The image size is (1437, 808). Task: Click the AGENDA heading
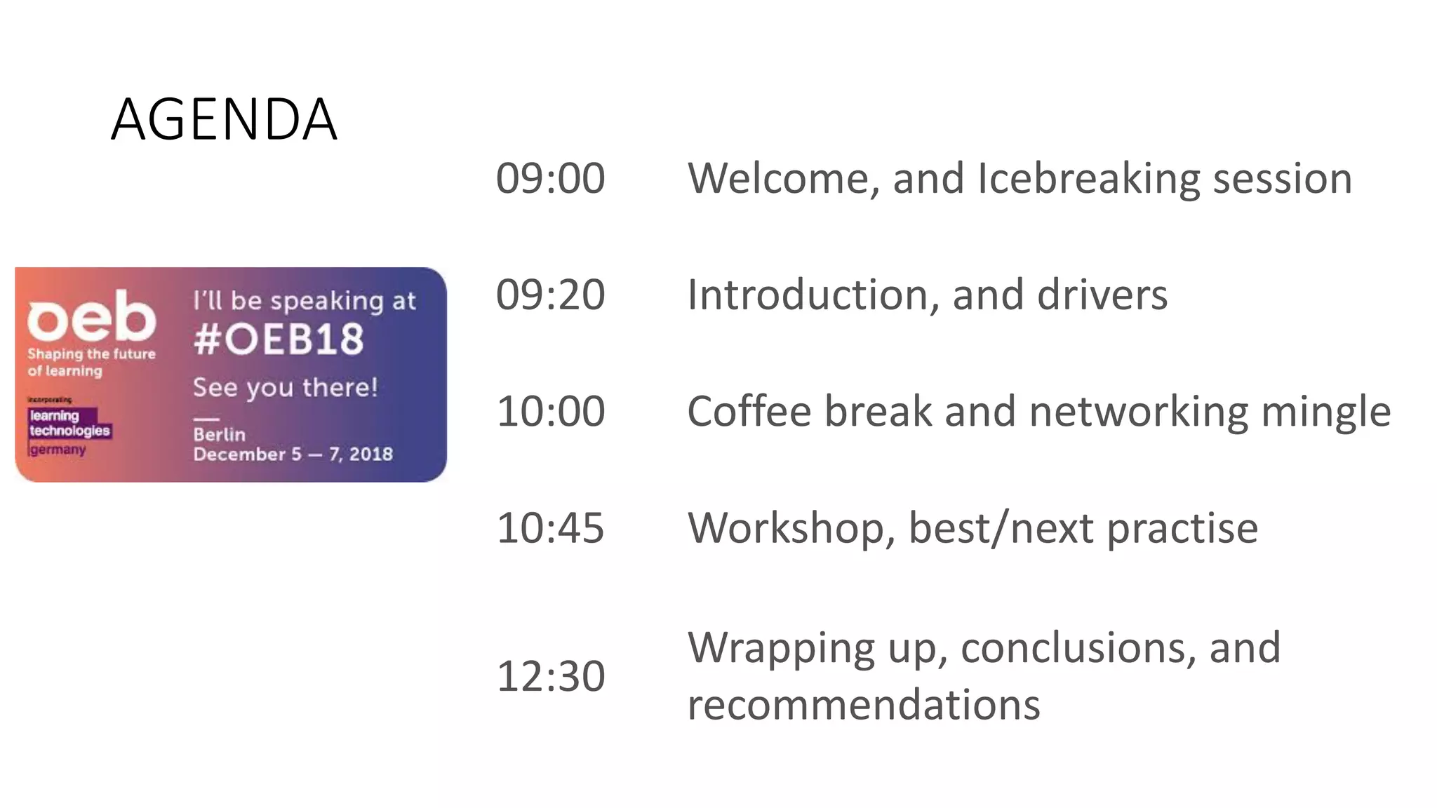point(224,119)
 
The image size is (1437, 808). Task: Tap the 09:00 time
point(550,178)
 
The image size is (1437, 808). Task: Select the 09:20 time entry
point(550,295)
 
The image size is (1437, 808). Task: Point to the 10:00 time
point(550,411)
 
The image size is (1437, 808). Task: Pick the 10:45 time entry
point(550,527)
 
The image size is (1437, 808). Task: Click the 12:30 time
point(550,676)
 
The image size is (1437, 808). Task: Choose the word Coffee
point(749,411)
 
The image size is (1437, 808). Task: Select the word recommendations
point(864,704)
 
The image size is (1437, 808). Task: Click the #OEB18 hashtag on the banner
point(279,339)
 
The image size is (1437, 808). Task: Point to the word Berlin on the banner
point(220,435)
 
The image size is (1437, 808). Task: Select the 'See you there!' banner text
point(285,387)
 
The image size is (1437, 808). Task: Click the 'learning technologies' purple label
point(69,423)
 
